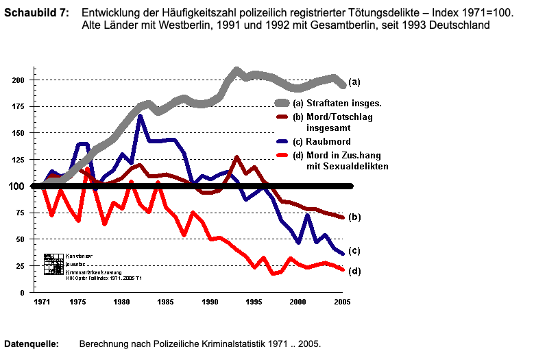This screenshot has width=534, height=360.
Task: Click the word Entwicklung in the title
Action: tap(110, 14)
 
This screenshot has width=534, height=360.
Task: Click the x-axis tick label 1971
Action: tap(43, 301)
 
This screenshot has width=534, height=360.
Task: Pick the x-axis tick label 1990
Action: tap(210, 301)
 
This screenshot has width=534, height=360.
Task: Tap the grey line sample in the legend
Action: tap(281, 103)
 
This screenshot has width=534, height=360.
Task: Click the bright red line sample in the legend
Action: tap(281, 155)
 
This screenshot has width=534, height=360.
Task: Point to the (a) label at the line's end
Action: tap(354, 82)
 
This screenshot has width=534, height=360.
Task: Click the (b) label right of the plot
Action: tap(355, 217)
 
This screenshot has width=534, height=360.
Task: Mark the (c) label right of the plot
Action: tap(355, 250)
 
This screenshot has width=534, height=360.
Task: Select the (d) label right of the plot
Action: tap(355, 271)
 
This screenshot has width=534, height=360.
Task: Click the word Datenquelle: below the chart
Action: tap(32, 342)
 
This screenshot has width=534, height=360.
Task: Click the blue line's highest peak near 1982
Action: tap(140, 116)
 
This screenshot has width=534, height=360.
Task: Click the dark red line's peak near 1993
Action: tap(236, 158)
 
